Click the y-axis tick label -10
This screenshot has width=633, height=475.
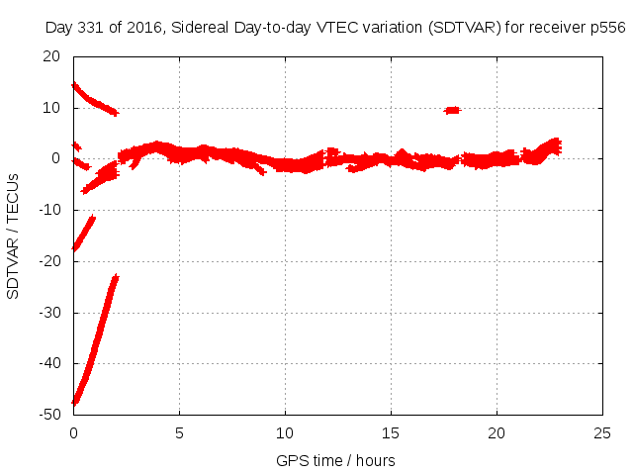click(x=52, y=210)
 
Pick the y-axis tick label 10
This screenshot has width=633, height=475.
click(x=56, y=107)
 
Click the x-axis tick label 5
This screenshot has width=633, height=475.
click(x=179, y=433)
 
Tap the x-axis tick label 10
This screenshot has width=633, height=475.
click(x=285, y=433)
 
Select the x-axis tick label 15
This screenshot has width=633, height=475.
click(x=391, y=433)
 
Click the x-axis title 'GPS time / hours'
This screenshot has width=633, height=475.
click(x=337, y=460)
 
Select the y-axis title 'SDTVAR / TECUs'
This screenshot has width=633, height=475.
click(x=13, y=236)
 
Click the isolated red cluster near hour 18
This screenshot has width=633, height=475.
click(x=451, y=110)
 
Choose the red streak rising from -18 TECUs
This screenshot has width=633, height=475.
click(x=83, y=234)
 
